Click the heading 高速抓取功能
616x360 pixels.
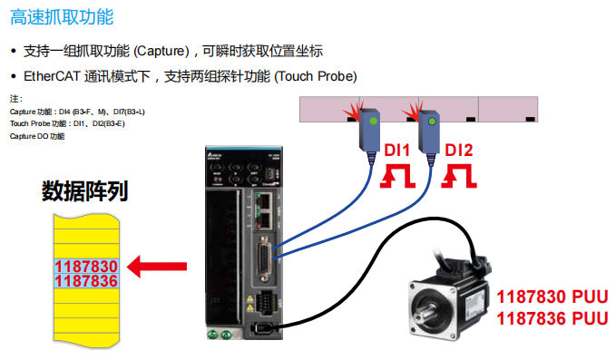point(64,17)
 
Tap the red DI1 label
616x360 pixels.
point(396,150)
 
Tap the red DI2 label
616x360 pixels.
point(458,150)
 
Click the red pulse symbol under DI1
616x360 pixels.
point(396,176)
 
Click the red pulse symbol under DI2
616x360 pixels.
point(457,176)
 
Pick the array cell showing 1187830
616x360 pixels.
point(86,267)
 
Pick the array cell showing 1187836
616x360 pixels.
point(86,281)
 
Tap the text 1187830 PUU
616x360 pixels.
point(551,297)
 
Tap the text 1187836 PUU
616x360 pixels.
point(551,318)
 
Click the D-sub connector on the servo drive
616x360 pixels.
point(263,250)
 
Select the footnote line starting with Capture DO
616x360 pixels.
point(37,136)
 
